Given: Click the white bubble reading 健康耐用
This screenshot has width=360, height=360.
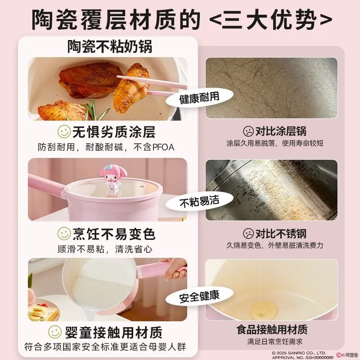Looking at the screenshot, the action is [x=199, y=98].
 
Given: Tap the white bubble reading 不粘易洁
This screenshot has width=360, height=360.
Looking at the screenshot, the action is [x=199, y=201].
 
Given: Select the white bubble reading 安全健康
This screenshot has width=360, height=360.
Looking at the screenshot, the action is [x=199, y=296].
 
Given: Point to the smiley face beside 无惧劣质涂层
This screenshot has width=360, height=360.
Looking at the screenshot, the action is [x=64, y=131].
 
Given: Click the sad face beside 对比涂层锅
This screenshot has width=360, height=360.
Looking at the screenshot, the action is [x=248, y=131].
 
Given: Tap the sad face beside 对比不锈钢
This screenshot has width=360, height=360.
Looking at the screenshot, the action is [x=248, y=234].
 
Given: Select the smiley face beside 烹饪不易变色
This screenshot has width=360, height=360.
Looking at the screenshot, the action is [x=64, y=234].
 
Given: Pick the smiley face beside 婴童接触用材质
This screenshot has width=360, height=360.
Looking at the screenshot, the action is [x=55, y=332].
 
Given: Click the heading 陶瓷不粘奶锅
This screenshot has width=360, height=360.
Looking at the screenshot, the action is [x=109, y=47].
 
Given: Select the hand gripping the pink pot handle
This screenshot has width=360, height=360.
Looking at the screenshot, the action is [x=175, y=269].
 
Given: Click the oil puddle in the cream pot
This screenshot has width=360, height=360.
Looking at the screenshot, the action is [x=264, y=310].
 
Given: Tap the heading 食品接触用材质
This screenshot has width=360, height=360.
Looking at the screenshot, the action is [x=272, y=330].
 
